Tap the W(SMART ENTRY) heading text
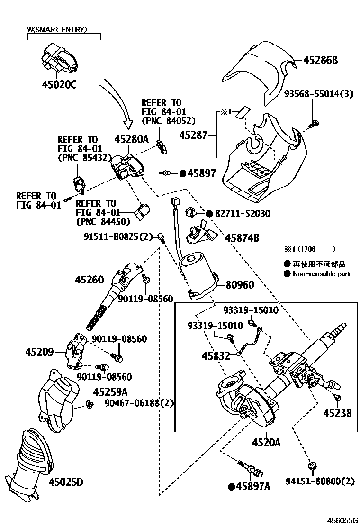(x=57, y=29)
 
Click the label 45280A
(x=131, y=139)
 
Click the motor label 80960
(x=240, y=285)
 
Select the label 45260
(x=89, y=280)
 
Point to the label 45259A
(x=110, y=392)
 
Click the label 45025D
(x=65, y=482)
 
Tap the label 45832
(x=216, y=355)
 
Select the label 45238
(x=337, y=413)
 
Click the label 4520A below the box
(x=266, y=443)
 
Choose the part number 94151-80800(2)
(x=320, y=482)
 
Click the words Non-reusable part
(x=322, y=274)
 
